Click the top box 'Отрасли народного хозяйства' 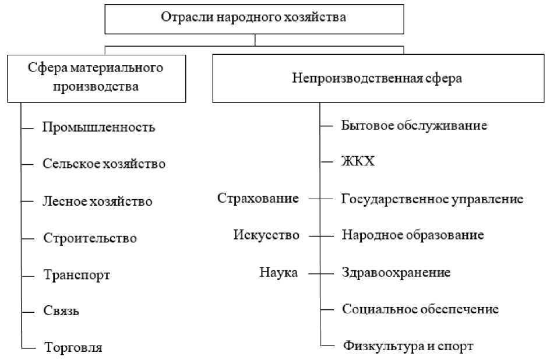[254, 17]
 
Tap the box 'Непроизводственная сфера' [377, 79]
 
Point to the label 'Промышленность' [99, 127]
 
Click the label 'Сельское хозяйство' [104, 164]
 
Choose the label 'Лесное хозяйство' [98, 202]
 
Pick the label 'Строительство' [90, 238]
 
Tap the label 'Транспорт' [76, 275]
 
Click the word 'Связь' [61, 311]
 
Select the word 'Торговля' [73, 348]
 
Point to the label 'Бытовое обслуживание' [414, 125]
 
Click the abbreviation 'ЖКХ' [358, 162]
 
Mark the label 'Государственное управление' [432, 199]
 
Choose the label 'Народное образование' [412, 236]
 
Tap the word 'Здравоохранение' [396, 273]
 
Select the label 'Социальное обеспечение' [420, 309]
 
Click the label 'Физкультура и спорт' [408, 346]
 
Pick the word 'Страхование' [258, 199]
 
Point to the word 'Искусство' [266, 235]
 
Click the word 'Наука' [278, 272]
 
